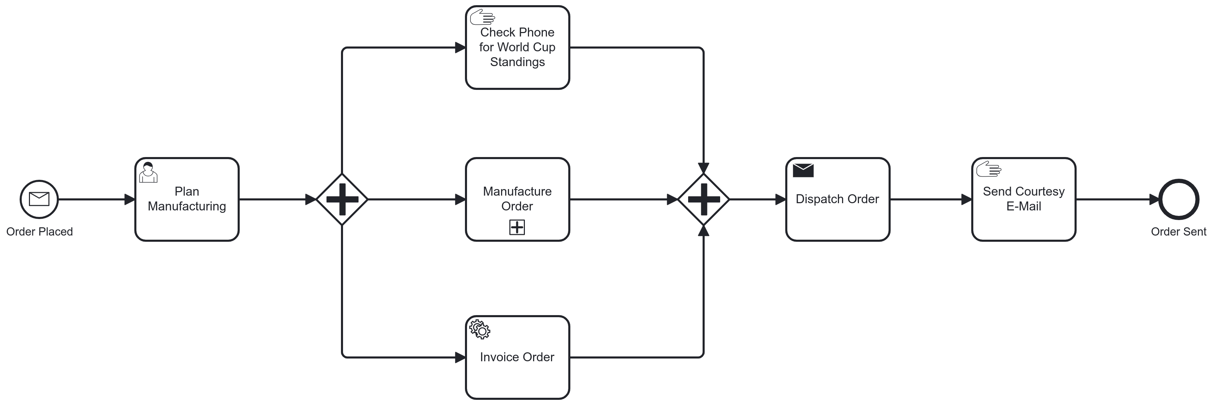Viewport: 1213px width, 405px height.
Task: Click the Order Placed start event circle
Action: pos(39,199)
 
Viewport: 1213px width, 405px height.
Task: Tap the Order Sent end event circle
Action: pos(1178,199)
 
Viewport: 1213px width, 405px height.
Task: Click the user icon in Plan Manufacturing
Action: pos(148,172)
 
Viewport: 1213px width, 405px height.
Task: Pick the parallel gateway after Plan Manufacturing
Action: pos(342,199)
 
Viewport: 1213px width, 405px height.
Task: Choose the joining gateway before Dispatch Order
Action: pos(704,199)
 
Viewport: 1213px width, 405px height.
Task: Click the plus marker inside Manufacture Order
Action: pos(517,227)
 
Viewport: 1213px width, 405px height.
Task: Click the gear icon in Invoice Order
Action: pos(480,329)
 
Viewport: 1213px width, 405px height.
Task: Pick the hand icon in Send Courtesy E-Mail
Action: pos(988,169)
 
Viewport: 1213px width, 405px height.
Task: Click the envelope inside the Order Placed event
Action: pos(39,199)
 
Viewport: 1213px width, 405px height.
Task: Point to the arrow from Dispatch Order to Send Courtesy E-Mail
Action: pos(930,199)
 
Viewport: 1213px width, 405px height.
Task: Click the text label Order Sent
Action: pos(1178,232)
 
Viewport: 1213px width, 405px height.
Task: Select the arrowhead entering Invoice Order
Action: pos(460,357)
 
